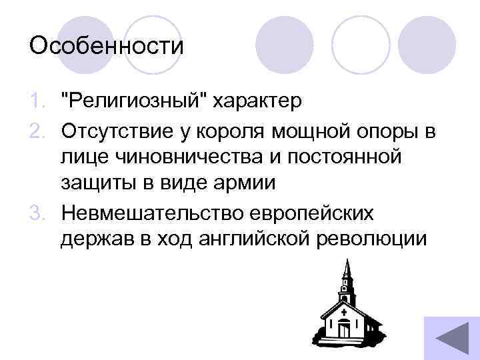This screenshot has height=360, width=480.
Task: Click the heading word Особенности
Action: point(106,47)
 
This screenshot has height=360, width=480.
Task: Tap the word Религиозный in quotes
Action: point(135,103)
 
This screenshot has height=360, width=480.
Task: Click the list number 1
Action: point(37,103)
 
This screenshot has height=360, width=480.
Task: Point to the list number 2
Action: point(37,131)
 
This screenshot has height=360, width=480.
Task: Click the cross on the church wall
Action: point(343,311)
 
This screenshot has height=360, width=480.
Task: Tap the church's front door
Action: point(344,329)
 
